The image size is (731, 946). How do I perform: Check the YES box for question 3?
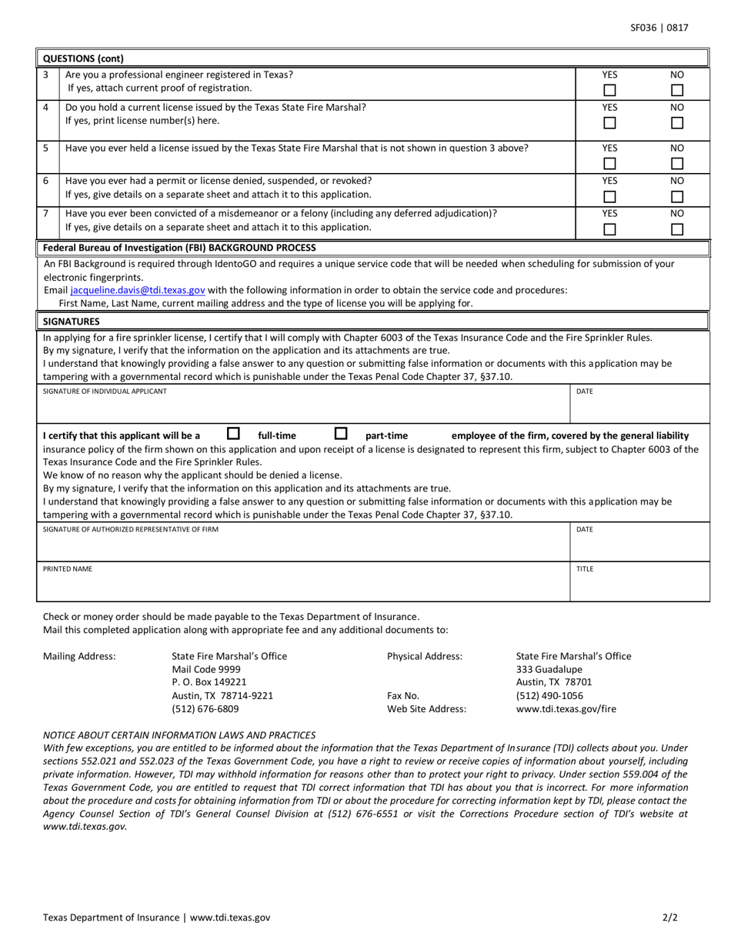tap(609, 91)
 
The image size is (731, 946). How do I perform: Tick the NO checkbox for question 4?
tap(676, 123)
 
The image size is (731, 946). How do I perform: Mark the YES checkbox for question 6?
tap(609, 196)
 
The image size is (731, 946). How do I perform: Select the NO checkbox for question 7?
tap(676, 228)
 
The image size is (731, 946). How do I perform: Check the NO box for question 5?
tap(676, 163)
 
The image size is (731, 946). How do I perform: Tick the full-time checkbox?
tap(233, 434)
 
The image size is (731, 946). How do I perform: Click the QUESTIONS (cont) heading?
tap(83, 58)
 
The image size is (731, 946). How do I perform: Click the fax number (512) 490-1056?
tap(549, 696)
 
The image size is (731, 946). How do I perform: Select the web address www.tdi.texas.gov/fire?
tap(566, 709)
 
